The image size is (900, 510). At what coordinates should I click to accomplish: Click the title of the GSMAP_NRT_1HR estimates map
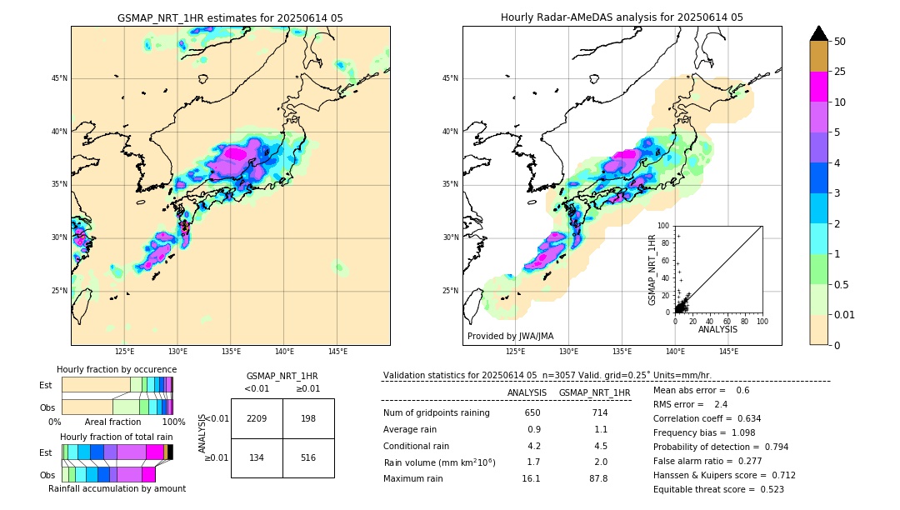tap(230, 17)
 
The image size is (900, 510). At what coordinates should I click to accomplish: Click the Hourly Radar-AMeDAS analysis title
tap(622, 17)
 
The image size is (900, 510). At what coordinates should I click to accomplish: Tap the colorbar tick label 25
tap(840, 72)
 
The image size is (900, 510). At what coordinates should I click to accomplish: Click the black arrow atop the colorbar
tap(819, 33)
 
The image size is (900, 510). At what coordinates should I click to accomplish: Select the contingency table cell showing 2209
tap(257, 418)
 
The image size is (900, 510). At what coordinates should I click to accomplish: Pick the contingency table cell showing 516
tap(308, 457)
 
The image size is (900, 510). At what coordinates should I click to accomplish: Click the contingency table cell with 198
tap(308, 418)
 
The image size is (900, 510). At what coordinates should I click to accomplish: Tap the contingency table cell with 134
tap(257, 457)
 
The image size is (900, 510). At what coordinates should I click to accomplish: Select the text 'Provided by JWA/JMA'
tap(510, 337)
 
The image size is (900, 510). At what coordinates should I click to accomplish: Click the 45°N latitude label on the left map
tap(59, 78)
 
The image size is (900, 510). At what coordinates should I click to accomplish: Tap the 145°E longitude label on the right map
tap(728, 352)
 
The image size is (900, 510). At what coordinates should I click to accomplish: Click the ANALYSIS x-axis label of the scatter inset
tap(717, 330)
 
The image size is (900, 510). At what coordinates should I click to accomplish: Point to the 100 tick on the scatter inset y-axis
tap(663, 226)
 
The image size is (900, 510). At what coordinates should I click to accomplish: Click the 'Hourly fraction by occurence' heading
tap(117, 369)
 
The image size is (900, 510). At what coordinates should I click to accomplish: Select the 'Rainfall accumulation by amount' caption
tap(117, 488)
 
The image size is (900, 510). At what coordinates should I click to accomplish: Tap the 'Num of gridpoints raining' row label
tap(437, 413)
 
